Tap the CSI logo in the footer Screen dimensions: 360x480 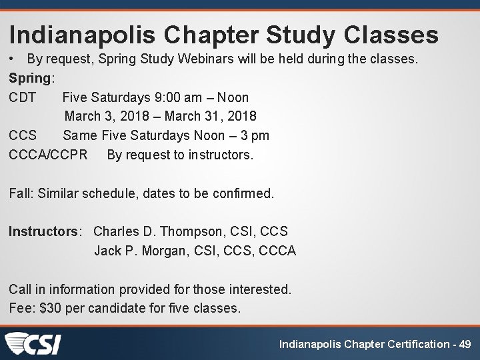(33, 343)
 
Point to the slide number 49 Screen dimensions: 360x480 (465, 344)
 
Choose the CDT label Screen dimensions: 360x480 (22, 97)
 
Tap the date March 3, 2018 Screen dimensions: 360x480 (107, 117)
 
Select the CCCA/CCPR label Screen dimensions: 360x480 (48, 155)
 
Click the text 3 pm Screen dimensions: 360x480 (255, 136)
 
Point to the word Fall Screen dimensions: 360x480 (19, 194)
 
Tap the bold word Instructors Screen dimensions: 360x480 (43, 232)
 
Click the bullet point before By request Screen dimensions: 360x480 (13, 59)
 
